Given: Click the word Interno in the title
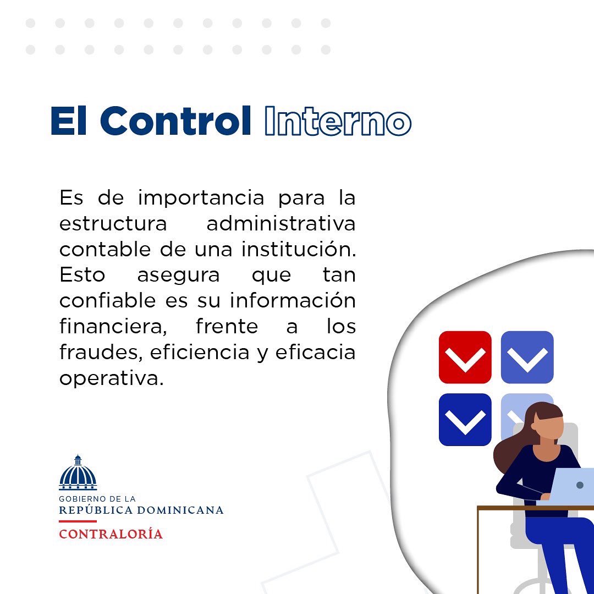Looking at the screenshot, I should [338, 122].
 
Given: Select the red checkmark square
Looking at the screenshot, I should [465, 357].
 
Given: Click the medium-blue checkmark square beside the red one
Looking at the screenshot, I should [527, 357].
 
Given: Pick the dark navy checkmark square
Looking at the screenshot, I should [465, 419].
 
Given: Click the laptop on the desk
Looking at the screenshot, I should [572, 486].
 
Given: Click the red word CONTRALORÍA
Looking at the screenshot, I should [111, 534].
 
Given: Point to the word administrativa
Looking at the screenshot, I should [280, 224].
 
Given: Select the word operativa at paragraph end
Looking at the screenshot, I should [112, 379].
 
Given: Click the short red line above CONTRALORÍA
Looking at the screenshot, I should [78, 521].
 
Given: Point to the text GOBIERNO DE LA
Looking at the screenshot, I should [97, 499].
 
